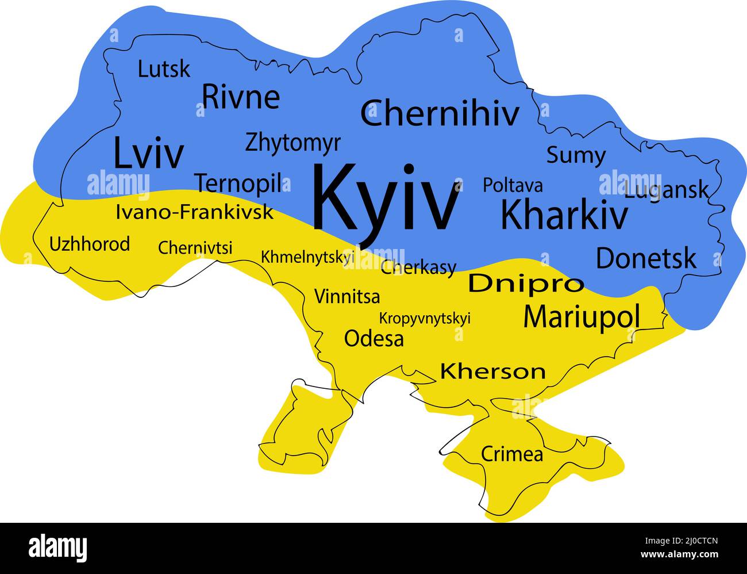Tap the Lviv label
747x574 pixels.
(149, 153)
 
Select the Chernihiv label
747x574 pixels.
(440, 113)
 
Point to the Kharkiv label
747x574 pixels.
(564, 215)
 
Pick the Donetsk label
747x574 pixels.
(646, 258)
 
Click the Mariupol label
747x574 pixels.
(582, 316)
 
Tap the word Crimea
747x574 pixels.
(511, 454)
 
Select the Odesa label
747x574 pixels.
(373, 338)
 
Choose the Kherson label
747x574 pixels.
(492, 372)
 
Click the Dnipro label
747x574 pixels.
(526, 283)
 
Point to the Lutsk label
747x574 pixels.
(164, 69)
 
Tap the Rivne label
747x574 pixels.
(241, 97)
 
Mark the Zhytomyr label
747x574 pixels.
(292, 143)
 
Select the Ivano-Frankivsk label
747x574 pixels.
(194, 212)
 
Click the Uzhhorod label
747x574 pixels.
(90, 244)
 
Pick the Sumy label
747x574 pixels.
(575, 155)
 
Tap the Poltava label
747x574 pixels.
(513, 185)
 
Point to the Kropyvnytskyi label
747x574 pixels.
(425, 318)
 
